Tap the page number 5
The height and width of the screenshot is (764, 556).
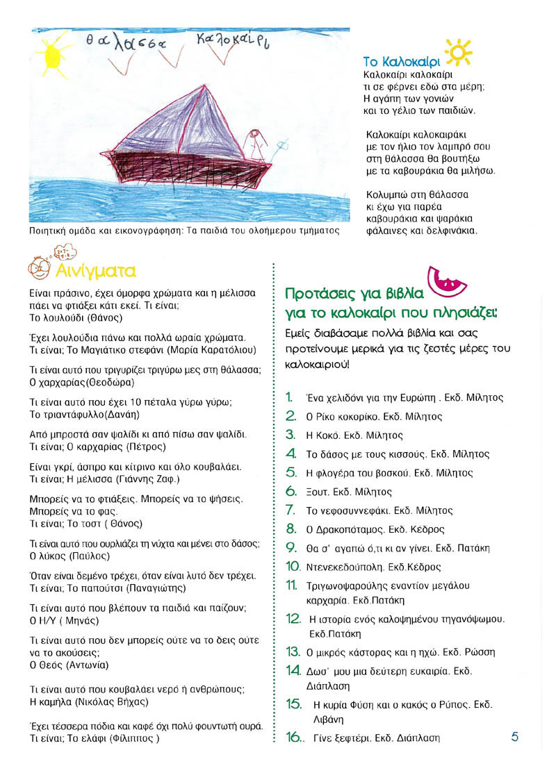(x=515, y=737)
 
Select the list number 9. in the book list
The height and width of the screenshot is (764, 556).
(x=292, y=548)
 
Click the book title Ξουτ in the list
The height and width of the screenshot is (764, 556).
(x=318, y=492)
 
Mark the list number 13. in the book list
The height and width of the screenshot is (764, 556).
(x=293, y=651)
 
